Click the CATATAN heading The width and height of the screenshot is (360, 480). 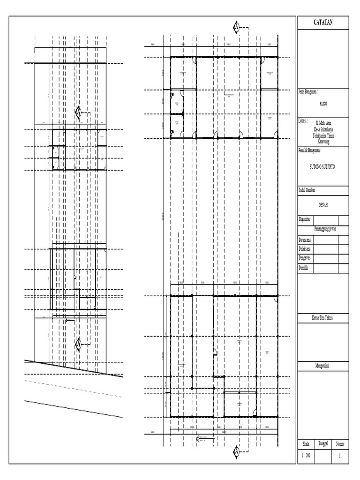point(323,22)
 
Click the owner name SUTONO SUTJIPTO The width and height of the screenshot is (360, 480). point(323,166)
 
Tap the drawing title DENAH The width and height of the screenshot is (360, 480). point(323,205)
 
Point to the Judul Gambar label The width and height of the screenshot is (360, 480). point(307,190)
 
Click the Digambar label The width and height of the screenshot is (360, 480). point(306,219)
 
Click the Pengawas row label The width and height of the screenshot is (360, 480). point(306,258)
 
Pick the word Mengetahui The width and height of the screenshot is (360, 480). point(323,365)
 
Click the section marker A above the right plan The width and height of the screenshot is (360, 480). point(237,28)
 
